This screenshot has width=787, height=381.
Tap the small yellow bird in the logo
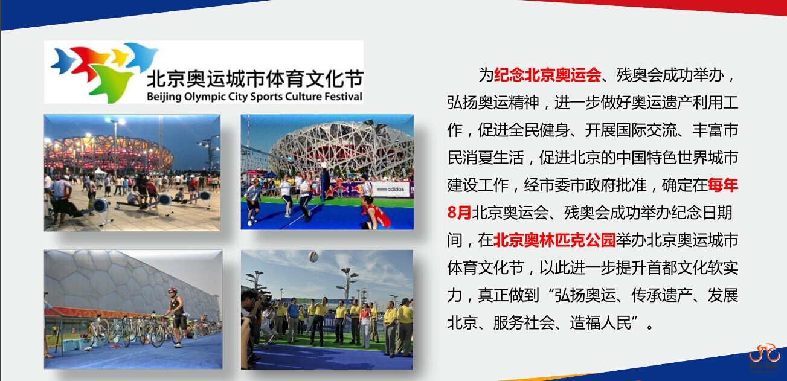119,57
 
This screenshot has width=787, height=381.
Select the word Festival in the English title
343,97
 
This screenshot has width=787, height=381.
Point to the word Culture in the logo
303,97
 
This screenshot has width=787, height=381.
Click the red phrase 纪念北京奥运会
547,75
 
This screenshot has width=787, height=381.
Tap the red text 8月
459,213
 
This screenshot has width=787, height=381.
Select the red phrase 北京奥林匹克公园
554,240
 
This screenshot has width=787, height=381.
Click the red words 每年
723,185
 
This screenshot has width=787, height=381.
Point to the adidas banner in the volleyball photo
393,190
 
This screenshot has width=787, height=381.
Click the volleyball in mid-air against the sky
313,257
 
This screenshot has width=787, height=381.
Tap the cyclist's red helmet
172,290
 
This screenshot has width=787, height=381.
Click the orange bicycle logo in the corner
764,354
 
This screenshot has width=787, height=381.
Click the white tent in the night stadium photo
100,171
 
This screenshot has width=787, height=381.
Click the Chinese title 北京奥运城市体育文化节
254,78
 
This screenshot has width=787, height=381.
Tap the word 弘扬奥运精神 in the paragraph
493,103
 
